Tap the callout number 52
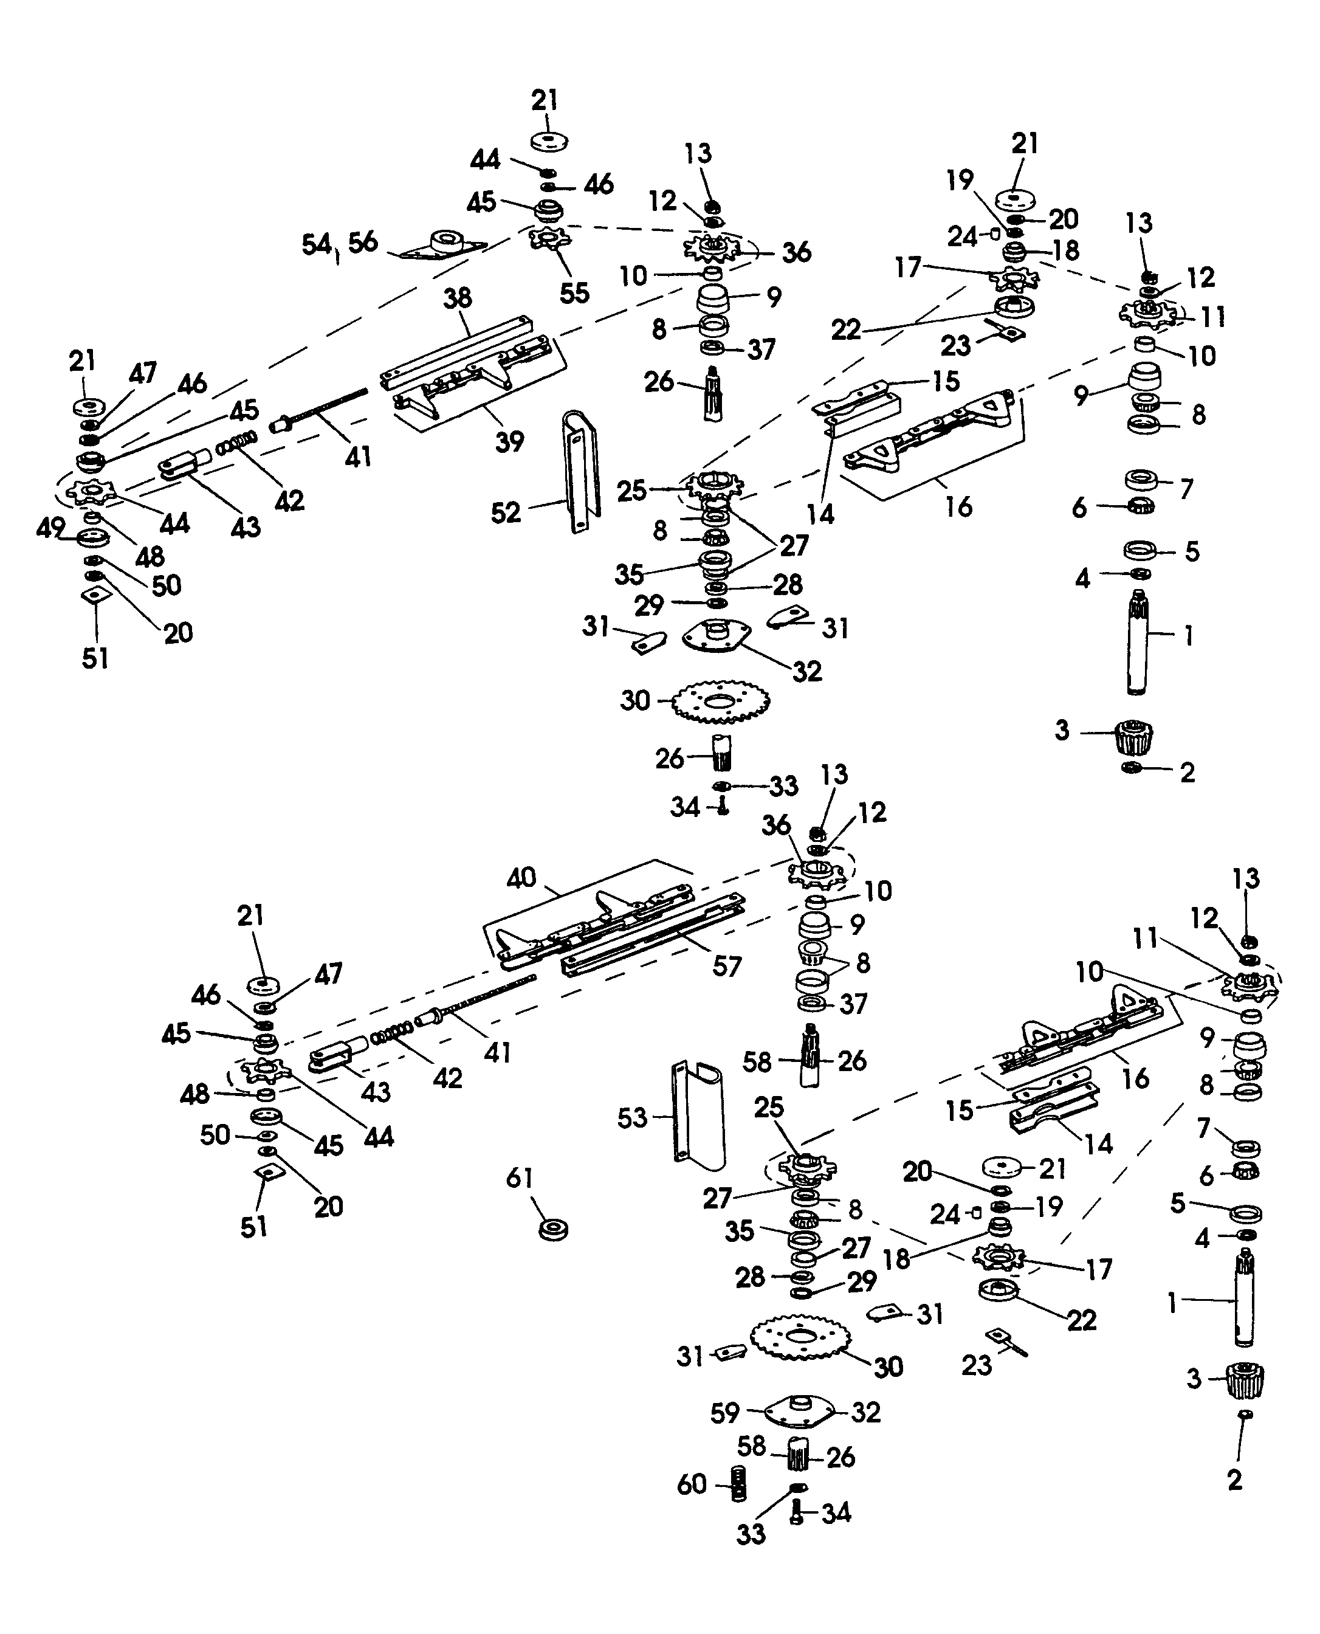pos(506,512)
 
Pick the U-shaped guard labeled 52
pos(580,472)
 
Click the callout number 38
pos(458,298)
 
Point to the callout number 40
pos(521,878)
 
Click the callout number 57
pos(726,966)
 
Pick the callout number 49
pos(50,528)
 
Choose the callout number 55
pos(574,293)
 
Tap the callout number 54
pos(316,244)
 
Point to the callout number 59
pos(724,1413)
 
